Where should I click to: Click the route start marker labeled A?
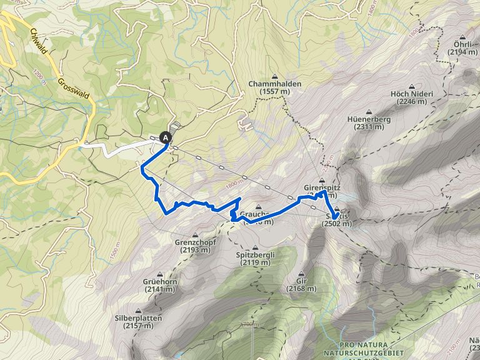coord(166,137)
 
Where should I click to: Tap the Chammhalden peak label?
coord(275,84)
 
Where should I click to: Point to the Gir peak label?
coord(302,282)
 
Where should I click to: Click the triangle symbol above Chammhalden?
coord(274,76)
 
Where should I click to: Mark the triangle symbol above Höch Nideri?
coord(411,86)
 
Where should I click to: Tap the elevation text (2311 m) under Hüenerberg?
coord(368,127)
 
